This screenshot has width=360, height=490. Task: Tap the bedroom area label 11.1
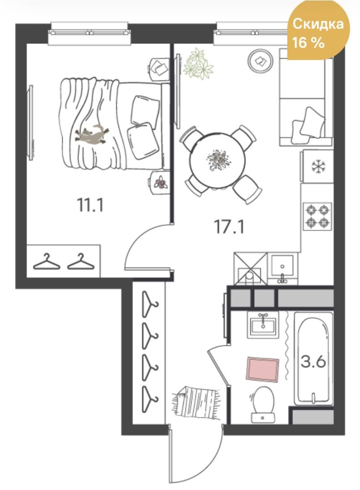(90, 205)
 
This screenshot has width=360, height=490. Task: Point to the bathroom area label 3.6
(313, 362)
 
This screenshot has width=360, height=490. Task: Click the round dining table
(217, 161)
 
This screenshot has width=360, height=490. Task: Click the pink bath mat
(262, 369)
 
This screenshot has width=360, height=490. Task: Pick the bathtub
(314, 358)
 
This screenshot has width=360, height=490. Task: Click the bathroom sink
(263, 325)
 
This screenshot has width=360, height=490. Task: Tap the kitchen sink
(282, 268)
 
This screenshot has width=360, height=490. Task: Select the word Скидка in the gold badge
(318, 24)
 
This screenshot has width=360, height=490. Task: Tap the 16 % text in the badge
(308, 42)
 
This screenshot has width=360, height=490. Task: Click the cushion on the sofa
(308, 125)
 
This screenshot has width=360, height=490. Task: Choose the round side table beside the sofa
(259, 61)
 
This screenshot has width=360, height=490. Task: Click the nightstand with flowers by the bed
(159, 182)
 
